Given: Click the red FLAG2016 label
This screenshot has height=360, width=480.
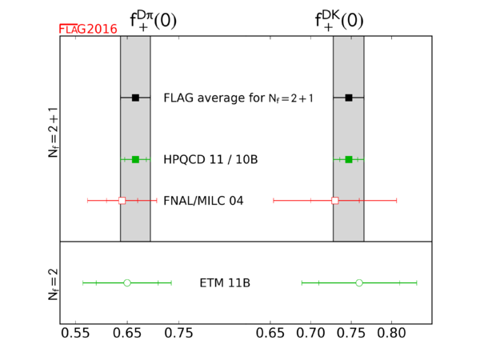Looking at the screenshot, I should click(88, 29).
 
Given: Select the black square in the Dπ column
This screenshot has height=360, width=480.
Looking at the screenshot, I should click(135, 98).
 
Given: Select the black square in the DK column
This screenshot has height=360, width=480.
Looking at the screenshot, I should click(349, 98).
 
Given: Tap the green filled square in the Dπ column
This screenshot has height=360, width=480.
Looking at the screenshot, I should click(135, 160).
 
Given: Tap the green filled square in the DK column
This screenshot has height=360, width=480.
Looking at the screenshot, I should click(349, 160).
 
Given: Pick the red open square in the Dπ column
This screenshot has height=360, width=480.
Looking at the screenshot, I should click(122, 200).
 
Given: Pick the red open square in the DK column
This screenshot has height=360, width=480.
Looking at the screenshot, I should click(335, 200).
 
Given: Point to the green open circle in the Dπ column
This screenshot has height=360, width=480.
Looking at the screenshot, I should click(127, 282).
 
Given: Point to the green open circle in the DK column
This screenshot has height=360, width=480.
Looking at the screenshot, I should click(359, 282).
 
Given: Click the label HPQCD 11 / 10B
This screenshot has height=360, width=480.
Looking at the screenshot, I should click(210, 160).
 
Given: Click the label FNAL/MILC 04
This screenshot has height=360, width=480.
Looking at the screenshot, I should click(203, 200).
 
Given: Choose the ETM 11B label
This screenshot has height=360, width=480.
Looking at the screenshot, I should click(225, 283).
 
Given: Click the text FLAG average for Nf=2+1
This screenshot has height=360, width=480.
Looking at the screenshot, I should click(238, 98).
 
